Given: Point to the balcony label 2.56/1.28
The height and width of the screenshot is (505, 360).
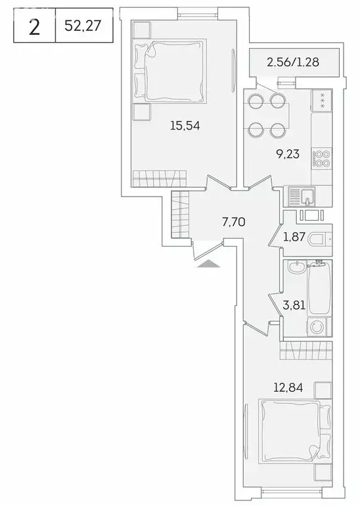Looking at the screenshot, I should (x=294, y=64).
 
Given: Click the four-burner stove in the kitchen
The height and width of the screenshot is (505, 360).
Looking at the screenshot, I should (x=322, y=158).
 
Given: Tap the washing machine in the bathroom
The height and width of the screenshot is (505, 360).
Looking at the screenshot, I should (x=320, y=327).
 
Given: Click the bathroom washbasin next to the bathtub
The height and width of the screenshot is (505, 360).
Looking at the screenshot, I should (x=296, y=266).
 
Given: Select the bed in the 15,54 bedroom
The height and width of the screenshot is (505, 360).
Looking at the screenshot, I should (x=169, y=69).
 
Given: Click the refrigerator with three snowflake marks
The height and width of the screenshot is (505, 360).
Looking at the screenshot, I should (x=322, y=100).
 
